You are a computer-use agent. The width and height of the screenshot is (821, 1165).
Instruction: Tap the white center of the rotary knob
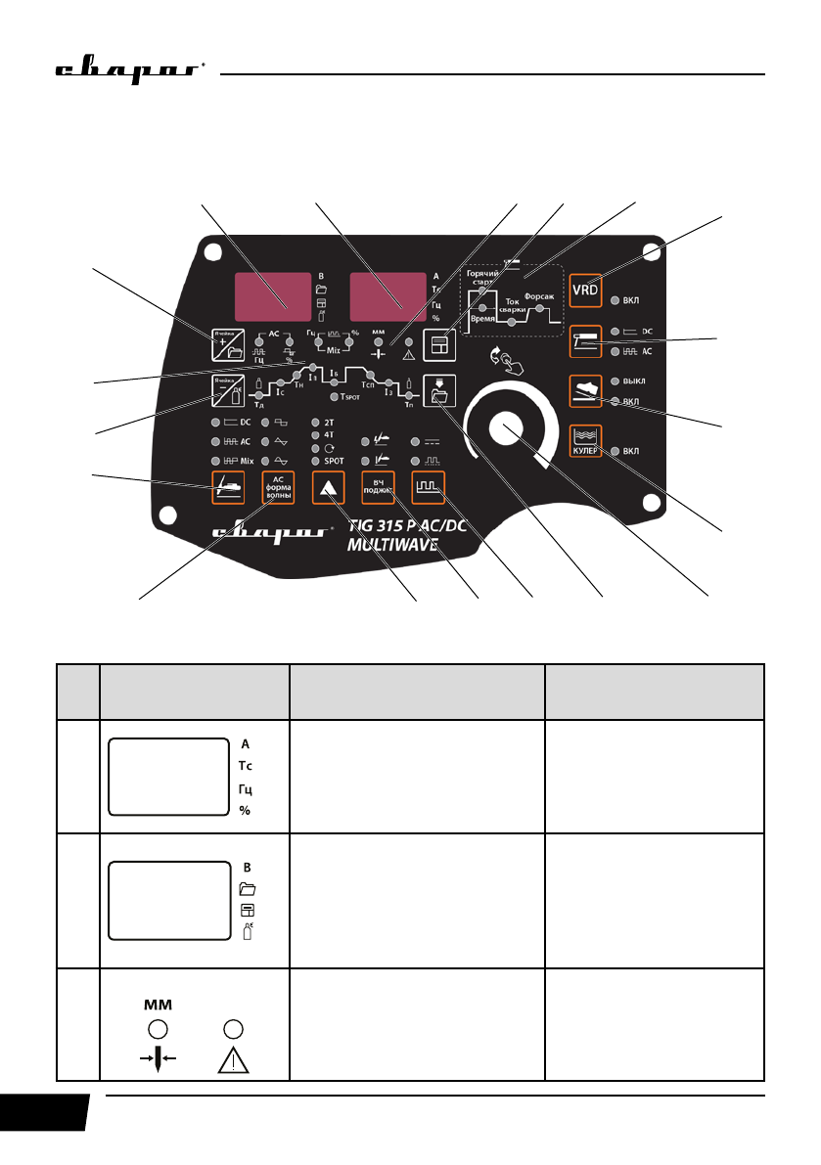click(x=507, y=428)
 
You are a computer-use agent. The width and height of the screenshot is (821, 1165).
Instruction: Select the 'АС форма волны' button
click(x=277, y=486)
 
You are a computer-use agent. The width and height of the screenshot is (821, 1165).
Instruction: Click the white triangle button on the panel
click(x=327, y=486)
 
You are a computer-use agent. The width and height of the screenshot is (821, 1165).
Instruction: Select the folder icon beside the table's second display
click(x=248, y=889)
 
